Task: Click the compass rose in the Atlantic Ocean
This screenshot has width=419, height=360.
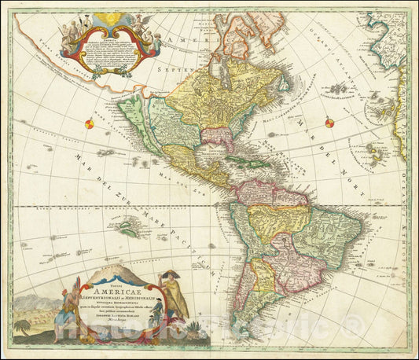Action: (329, 122)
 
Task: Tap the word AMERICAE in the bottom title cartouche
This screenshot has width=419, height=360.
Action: (116, 295)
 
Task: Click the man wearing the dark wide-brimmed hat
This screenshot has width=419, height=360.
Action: (170, 277)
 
